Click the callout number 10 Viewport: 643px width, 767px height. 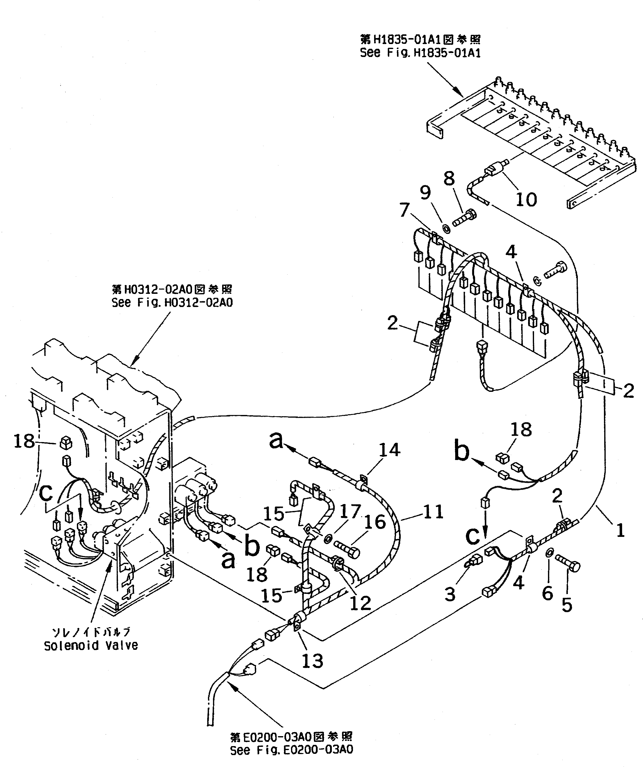pos(526,200)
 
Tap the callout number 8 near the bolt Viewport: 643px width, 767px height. pos(449,179)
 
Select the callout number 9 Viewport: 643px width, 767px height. pos(425,193)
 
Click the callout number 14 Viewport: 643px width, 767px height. pos(390,450)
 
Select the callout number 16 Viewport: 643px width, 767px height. pos(375,522)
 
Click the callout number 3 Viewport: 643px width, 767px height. pos(450,594)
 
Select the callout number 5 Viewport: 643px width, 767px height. pos(566,605)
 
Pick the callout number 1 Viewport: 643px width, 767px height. pos(620,530)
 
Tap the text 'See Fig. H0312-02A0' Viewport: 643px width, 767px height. pos(172,303)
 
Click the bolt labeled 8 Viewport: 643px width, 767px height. pos(464,219)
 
